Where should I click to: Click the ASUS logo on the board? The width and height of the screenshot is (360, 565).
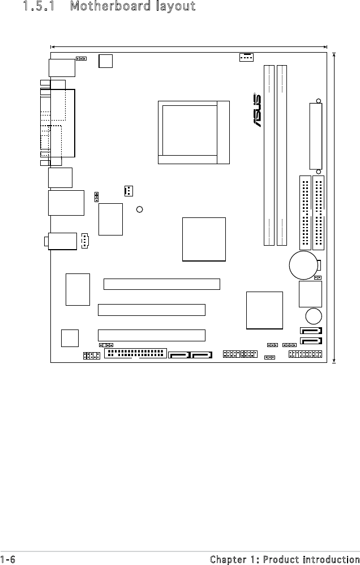(x=258, y=110)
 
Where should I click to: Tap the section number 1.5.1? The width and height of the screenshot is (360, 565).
(x=39, y=6)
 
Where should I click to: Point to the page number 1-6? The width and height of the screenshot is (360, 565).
(x=8, y=559)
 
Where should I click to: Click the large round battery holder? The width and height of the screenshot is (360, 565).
(x=303, y=265)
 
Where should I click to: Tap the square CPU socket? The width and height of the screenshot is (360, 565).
(x=194, y=132)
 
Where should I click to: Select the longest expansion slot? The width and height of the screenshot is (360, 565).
(x=162, y=284)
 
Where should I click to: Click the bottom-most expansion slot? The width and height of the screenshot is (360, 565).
(x=152, y=335)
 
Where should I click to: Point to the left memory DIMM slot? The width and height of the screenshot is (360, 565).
(x=269, y=155)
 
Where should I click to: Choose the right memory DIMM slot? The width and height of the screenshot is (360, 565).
(x=282, y=155)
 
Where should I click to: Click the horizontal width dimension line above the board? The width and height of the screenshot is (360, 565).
(x=189, y=46)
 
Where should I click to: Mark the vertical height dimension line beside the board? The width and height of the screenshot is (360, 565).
(x=335, y=208)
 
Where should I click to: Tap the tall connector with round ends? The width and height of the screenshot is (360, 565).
(x=316, y=136)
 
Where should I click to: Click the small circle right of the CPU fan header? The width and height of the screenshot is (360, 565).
(x=139, y=209)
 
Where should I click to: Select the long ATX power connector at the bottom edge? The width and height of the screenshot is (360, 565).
(x=135, y=353)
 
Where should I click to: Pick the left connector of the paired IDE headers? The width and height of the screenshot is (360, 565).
(x=305, y=213)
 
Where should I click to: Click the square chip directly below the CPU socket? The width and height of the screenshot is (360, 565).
(x=204, y=239)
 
